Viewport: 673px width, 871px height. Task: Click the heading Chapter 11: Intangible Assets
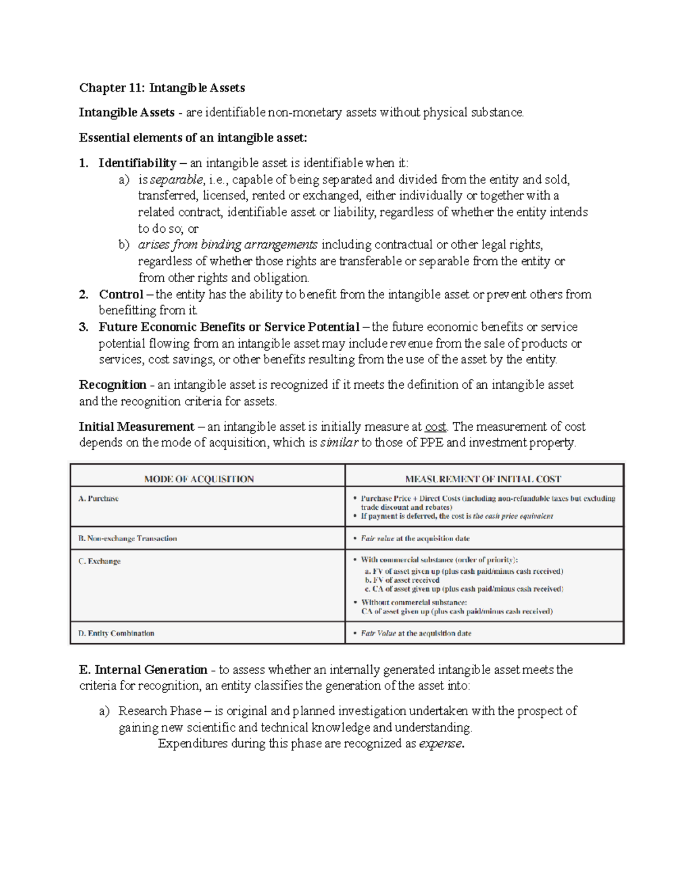[x=162, y=87]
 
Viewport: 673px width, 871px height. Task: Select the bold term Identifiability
[x=137, y=163]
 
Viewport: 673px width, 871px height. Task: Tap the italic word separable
[x=176, y=179]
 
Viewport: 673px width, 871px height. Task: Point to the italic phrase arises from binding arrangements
[x=228, y=245]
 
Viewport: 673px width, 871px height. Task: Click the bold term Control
[x=121, y=294]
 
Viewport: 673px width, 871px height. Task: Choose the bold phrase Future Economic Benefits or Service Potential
[x=229, y=327]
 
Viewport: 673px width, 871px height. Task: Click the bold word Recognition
[x=113, y=385]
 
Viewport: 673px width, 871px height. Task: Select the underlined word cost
[x=435, y=427]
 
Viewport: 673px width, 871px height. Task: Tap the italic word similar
[x=339, y=443]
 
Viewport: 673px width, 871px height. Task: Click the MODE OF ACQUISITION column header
[x=199, y=479]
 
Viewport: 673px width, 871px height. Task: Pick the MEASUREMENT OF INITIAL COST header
[x=483, y=479]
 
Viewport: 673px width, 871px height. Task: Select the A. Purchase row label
[x=99, y=499]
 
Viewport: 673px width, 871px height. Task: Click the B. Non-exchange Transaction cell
[x=127, y=538]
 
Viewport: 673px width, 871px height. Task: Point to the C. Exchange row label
[x=100, y=561]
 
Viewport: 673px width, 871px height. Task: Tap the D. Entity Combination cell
[x=116, y=633]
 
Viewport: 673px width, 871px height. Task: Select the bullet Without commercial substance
[x=414, y=602]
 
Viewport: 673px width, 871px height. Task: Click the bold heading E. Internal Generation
[x=144, y=670]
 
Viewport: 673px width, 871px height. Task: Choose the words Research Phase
[x=160, y=711]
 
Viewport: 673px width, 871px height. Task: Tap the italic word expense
[x=441, y=744]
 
